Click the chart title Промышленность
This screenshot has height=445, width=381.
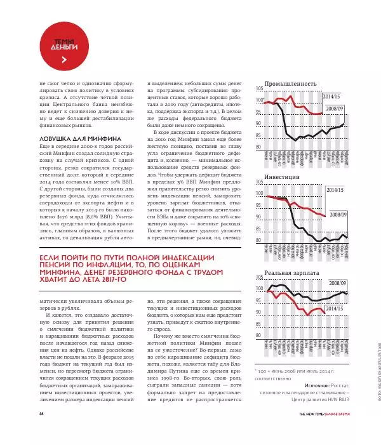click(290, 83)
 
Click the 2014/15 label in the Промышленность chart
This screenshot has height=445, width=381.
click(331, 96)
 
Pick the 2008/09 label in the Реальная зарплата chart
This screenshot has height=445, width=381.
click(335, 283)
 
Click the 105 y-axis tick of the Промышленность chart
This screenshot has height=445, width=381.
click(259, 88)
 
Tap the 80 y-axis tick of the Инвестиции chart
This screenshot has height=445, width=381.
click(259, 241)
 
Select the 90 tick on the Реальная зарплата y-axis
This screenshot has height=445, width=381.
click(259, 312)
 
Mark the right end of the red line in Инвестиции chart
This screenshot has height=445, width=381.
click(325, 216)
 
